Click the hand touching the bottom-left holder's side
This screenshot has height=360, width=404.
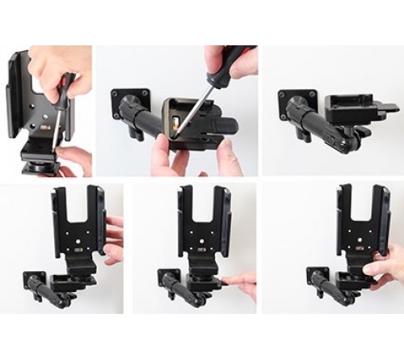(x=113, y=234)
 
